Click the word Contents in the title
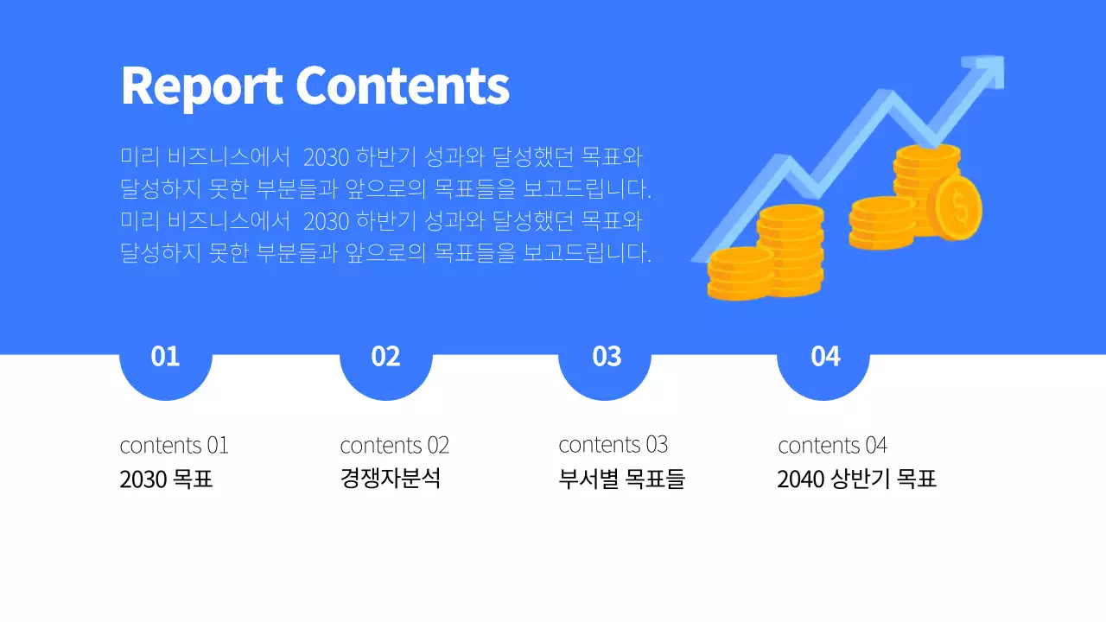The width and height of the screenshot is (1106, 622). pos(403,86)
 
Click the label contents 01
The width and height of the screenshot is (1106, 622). pos(174,446)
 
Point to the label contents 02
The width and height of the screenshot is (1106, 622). pos(394,446)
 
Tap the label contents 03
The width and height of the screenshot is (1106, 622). pos(613,445)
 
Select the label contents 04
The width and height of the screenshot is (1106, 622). pos(832,446)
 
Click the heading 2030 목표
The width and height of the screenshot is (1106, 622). pos(166,479)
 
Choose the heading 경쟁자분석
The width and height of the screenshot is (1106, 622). pos(390,479)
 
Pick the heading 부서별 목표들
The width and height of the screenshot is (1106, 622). pos(621,479)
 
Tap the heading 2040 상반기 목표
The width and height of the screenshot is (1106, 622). pos(856,479)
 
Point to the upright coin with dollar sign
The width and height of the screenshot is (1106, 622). pos(959,207)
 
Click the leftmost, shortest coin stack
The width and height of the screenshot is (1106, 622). pos(740,274)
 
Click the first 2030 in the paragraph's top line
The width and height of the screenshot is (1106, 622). pos(326,158)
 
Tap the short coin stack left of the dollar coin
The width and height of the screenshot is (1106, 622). pos(880,223)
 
